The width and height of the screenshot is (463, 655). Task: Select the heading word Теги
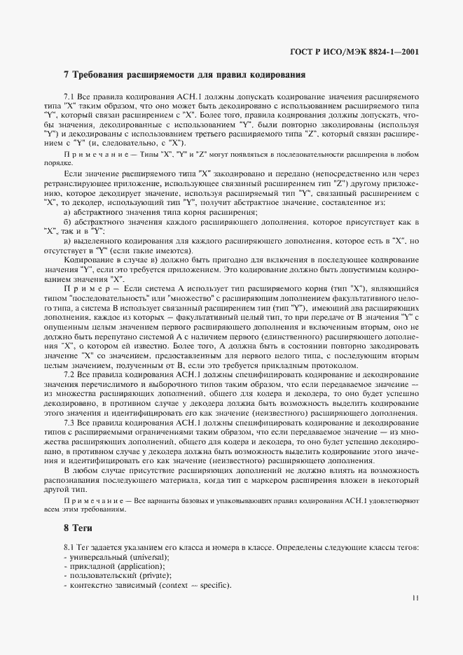84,527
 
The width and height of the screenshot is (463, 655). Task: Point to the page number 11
416,597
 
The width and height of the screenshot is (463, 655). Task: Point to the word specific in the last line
214,585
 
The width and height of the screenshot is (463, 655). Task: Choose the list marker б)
68,221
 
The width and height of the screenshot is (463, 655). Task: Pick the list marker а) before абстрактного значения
68,212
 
